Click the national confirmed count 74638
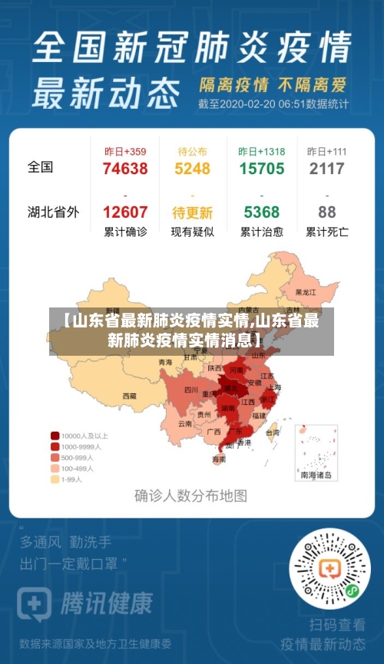(x=124, y=169)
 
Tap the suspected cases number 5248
(x=193, y=169)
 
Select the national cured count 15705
(x=261, y=169)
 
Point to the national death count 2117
(x=326, y=169)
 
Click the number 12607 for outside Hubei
(x=124, y=212)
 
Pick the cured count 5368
(x=261, y=212)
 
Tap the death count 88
(x=326, y=212)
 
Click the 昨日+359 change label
(x=124, y=151)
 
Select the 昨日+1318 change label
(x=261, y=151)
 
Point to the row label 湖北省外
(x=53, y=212)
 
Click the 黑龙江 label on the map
(x=306, y=292)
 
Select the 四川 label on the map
(x=190, y=390)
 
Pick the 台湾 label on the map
(x=272, y=432)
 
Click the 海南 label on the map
(x=219, y=459)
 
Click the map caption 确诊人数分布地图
(x=190, y=495)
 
